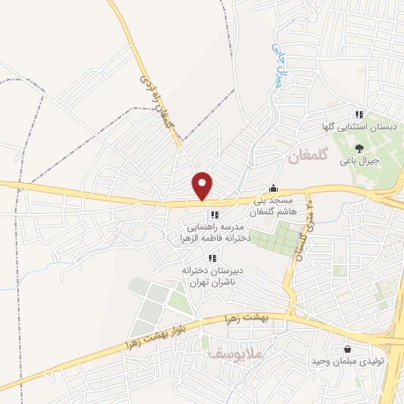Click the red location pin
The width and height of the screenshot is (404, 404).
pos(203,185)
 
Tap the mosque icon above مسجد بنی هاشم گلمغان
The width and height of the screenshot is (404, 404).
pos(273,188)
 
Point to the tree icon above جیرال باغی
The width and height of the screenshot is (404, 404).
pos(360,147)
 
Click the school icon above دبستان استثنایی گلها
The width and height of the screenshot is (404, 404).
pos(360,114)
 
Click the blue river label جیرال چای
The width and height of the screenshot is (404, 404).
pos(278,63)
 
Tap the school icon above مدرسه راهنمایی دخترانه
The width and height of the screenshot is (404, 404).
pos(213,215)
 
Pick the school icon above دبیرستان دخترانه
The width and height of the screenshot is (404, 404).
pos(211,258)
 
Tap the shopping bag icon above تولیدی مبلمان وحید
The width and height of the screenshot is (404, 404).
pos(347,349)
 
